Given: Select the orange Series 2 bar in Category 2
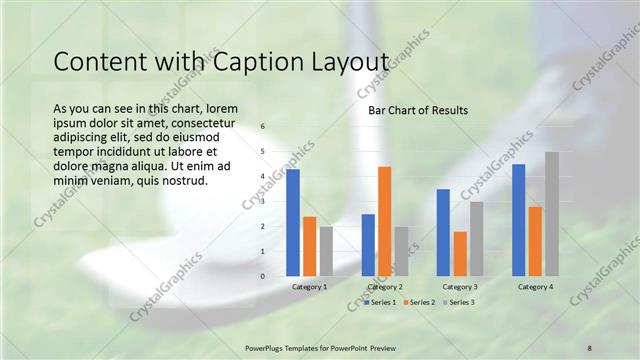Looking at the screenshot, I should (x=384, y=220).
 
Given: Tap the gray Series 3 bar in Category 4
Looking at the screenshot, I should (x=551, y=213).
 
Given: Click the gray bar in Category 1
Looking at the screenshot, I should (x=326, y=250).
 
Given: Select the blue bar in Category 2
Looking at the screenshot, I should (x=368, y=244).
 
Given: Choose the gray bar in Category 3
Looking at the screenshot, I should (x=476, y=238).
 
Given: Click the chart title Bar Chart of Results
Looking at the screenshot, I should (x=418, y=110).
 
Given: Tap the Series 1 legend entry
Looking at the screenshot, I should (x=381, y=302).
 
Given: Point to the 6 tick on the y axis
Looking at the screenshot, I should (x=262, y=127).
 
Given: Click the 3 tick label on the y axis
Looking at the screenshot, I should (x=262, y=201).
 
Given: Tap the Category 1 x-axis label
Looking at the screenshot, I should (x=309, y=287).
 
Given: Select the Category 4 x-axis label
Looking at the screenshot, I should (x=535, y=287).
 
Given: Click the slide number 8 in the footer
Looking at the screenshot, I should (x=590, y=347).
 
